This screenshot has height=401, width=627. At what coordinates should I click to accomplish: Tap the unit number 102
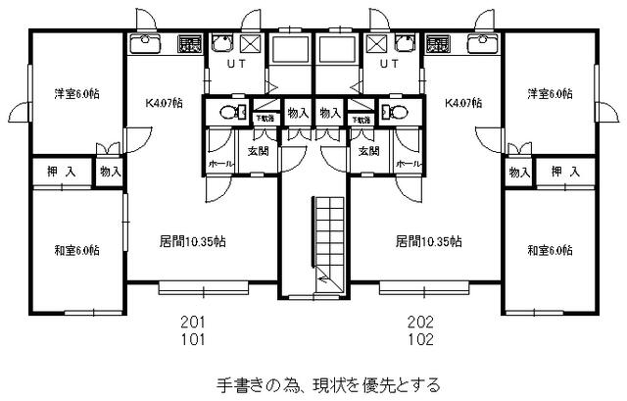(421, 340)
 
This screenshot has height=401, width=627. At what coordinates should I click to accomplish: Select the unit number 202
(421, 322)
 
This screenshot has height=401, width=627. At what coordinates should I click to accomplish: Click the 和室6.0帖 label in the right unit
(547, 251)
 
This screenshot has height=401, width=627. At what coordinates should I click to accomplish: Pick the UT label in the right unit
(389, 65)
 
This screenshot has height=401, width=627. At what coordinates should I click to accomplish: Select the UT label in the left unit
(237, 65)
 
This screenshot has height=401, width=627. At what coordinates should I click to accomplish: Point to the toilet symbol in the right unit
(394, 111)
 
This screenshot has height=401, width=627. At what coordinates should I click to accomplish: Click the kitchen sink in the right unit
(480, 43)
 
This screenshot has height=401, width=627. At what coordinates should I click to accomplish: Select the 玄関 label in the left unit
(259, 151)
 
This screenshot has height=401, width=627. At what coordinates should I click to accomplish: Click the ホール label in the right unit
(410, 163)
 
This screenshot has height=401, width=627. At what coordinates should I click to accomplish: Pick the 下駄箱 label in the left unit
(265, 118)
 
